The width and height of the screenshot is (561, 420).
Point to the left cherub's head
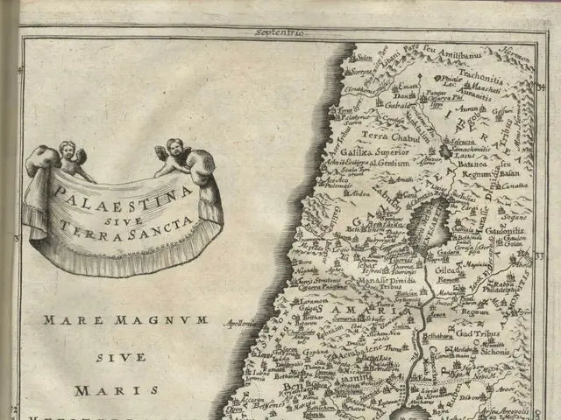[x=68, y=150]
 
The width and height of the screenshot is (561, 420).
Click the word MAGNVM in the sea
[x=171, y=320]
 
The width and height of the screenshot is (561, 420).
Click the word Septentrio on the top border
[x=279, y=33]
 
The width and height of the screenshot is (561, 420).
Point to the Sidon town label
[x=363, y=58]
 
